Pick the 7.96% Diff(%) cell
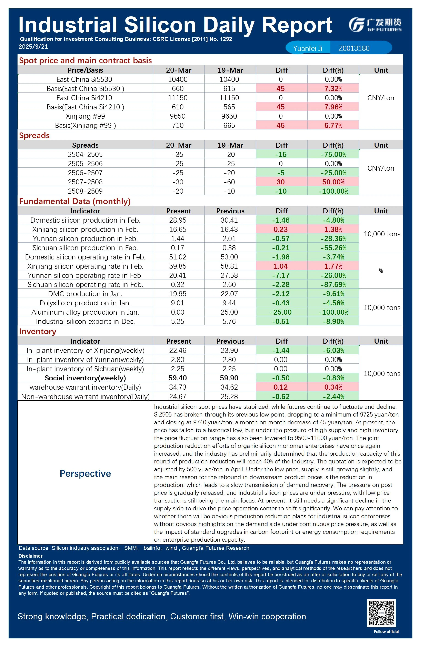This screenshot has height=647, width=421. [333, 107]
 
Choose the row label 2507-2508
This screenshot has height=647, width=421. [85, 182]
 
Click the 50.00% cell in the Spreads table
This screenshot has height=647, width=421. [333, 182]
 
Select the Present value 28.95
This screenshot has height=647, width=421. [178, 220]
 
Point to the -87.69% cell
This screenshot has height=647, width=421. [333, 285]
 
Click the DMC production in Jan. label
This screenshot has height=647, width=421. [85, 294]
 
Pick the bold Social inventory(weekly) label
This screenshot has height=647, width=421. [85, 378]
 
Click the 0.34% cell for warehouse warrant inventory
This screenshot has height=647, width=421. [333, 387]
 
